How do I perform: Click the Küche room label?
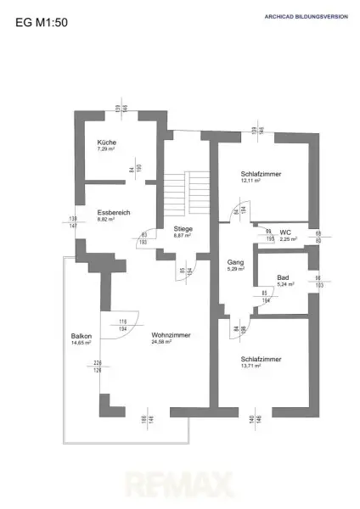coord(106,142)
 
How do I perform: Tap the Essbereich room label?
coord(113,212)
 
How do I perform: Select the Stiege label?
coord(183,229)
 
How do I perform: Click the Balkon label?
coord(82,337)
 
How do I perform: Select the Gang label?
coord(236,263)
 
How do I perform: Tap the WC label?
coord(286,232)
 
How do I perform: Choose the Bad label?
coord(282,277)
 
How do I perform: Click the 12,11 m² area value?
coord(249,181)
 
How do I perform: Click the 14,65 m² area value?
coord(82,344)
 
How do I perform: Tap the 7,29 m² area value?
coord(105,148)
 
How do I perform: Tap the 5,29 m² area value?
coord(236,271)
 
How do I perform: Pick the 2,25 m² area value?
coord(288,239)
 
